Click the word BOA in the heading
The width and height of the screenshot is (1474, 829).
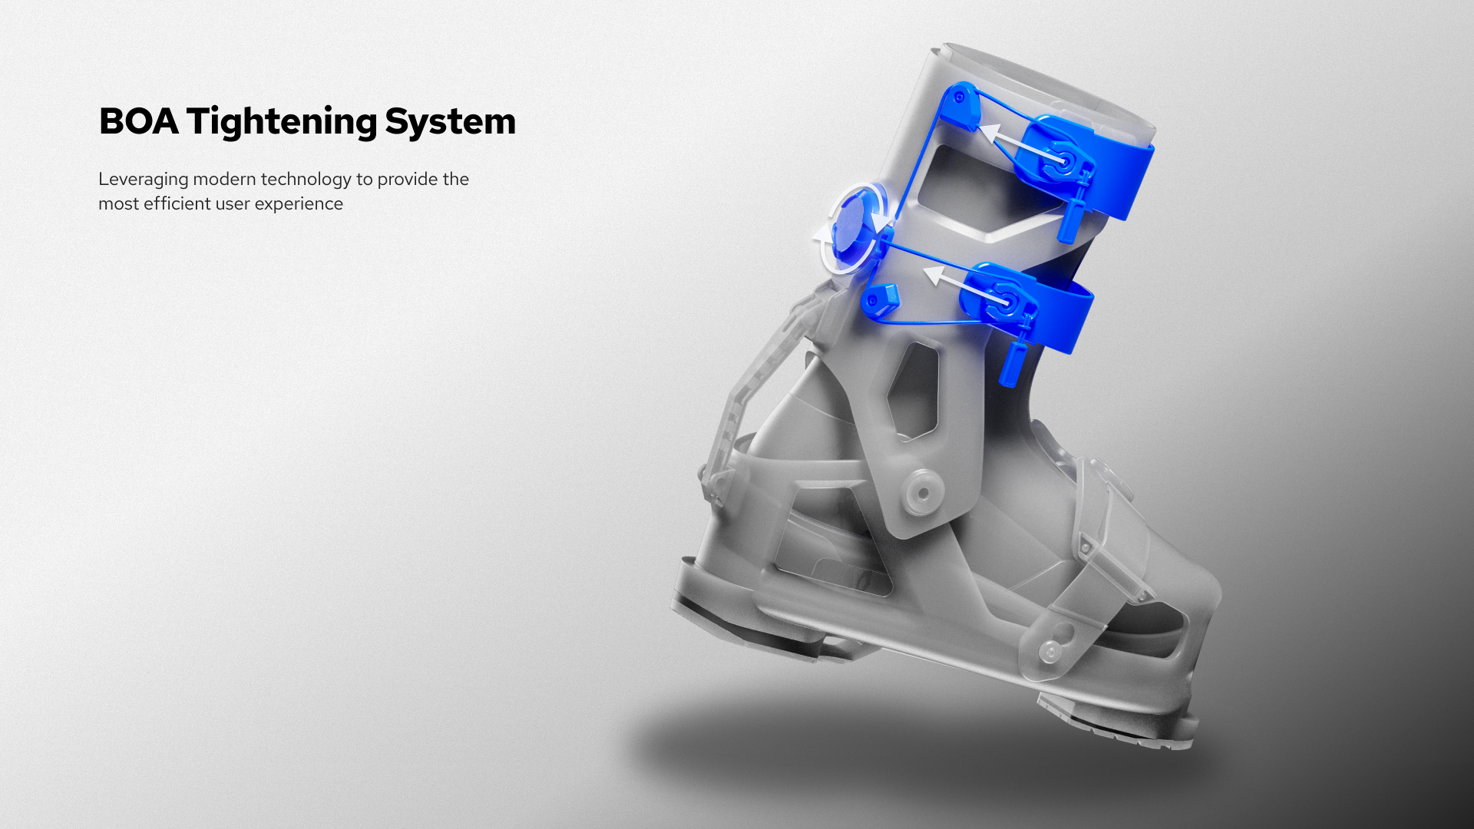click(139, 121)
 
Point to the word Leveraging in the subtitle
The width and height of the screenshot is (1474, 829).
click(144, 180)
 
